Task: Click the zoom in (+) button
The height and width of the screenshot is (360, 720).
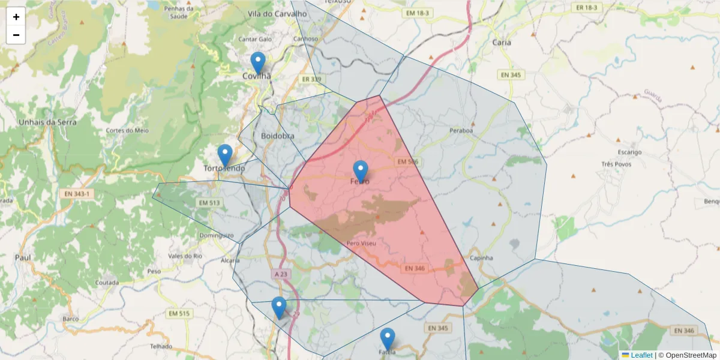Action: pyautogui.click(x=16, y=17)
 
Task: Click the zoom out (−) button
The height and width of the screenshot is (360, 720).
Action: pyautogui.click(x=16, y=35)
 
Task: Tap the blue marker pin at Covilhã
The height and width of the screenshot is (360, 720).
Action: pyautogui.click(x=258, y=63)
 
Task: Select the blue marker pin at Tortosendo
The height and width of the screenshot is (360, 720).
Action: pyautogui.click(x=225, y=155)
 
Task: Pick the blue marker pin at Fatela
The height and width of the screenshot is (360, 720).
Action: pyautogui.click(x=388, y=339)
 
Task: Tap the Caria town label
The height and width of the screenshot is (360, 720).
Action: pyautogui.click(x=502, y=42)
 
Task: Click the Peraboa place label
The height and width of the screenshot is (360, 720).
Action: pyautogui.click(x=461, y=130)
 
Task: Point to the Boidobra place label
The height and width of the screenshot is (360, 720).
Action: pyautogui.click(x=278, y=136)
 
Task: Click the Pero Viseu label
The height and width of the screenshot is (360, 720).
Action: pyautogui.click(x=361, y=243)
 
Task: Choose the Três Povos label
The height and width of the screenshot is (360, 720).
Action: pyautogui.click(x=616, y=164)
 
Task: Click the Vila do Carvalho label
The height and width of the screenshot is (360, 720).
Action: pyautogui.click(x=272, y=13)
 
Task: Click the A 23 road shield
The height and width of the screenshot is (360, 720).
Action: pyautogui.click(x=281, y=274)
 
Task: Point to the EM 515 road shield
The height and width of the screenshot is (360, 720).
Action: pyautogui.click(x=179, y=314)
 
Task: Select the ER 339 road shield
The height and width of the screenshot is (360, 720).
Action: pyautogui.click(x=311, y=79)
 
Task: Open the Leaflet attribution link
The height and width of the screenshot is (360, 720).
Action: pyautogui.click(x=641, y=355)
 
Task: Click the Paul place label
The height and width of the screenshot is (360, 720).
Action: pyautogui.click(x=23, y=257)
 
